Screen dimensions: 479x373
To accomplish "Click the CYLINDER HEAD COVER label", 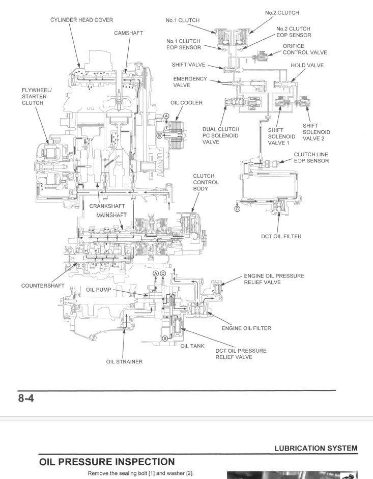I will [x=81, y=20].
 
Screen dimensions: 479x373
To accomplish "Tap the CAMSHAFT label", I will [x=128, y=33].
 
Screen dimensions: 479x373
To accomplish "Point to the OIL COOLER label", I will [x=186, y=103].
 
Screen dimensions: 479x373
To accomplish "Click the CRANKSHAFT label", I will [x=107, y=206].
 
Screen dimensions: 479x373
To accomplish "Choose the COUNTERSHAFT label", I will [x=43, y=286].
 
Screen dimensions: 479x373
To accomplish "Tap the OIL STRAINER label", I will [x=124, y=362].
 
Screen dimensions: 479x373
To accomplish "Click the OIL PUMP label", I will [x=98, y=289].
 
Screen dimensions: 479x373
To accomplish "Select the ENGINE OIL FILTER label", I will [x=246, y=328].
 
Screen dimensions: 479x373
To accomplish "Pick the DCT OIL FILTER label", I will [x=281, y=236].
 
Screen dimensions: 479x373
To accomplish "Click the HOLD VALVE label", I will [x=307, y=65].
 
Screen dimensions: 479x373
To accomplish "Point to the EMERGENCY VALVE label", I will [x=190, y=82].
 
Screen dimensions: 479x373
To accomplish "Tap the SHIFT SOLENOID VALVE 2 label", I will [x=316, y=132].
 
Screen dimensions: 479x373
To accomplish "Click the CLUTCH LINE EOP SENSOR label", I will [x=311, y=158].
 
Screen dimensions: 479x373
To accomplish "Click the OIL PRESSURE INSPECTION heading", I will [x=107, y=462].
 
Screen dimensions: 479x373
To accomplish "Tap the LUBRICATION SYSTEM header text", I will [x=315, y=448].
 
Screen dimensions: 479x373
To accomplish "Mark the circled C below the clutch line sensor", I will [x=237, y=208].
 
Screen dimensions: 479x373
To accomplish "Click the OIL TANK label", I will [x=192, y=346].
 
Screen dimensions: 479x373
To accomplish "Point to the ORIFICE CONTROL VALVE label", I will [x=304, y=49].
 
